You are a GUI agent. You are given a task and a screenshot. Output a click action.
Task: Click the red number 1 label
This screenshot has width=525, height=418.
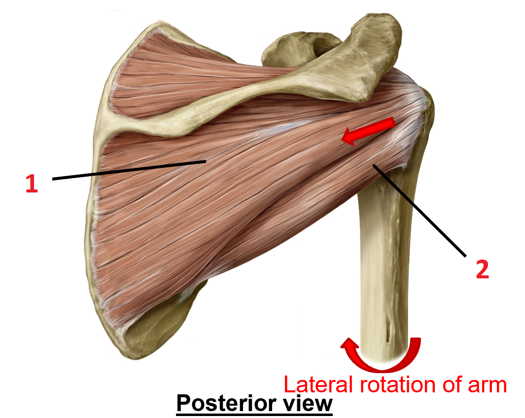coord(31,184)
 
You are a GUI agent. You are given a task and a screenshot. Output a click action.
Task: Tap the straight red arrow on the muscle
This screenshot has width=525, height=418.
coord(369,131)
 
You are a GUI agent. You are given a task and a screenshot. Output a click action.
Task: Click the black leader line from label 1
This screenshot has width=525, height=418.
coord(128,170)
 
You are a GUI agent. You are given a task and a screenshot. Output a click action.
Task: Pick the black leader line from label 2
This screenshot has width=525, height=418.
coord(419,210)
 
